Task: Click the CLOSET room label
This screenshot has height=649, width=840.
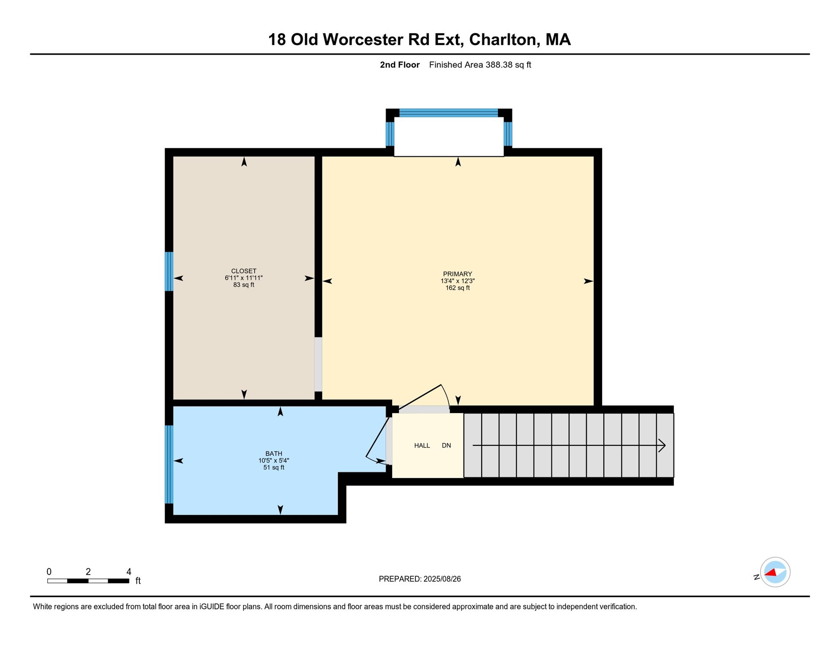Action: pyautogui.click(x=244, y=271)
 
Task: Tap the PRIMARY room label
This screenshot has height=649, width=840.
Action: pyautogui.click(x=458, y=274)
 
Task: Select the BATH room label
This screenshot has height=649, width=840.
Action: pyautogui.click(x=274, y=453)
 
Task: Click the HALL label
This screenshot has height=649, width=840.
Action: pyautogui.click(x=422, y=445)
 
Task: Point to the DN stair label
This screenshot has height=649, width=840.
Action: pyautogui.click(x=446, y=445)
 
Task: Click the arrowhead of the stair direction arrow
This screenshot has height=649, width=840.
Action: pyautogui.click(x=663, y=445)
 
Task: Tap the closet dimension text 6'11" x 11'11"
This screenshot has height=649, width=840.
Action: pyautogui.click(x=244, y=278)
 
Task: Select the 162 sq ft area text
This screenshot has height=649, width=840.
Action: pyautogui.click(x=458, y=288)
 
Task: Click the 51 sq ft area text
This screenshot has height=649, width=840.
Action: pyautogui.click(x=274, y=468)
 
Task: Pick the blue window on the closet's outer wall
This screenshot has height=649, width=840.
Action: pyautogui.click(x=169, y=271)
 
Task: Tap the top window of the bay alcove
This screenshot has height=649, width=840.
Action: pyautogui.click(x=448, y=113)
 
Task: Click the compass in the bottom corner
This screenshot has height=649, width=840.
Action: pyautogui.click(x=775, y=572)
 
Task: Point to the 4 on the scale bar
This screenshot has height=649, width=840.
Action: pyautogui.click(x=129, y=572)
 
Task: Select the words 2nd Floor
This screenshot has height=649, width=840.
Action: pyautogui.click(x=399, y=65)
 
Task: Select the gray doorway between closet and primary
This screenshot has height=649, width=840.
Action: pyautogui.click(x=318, y=364)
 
